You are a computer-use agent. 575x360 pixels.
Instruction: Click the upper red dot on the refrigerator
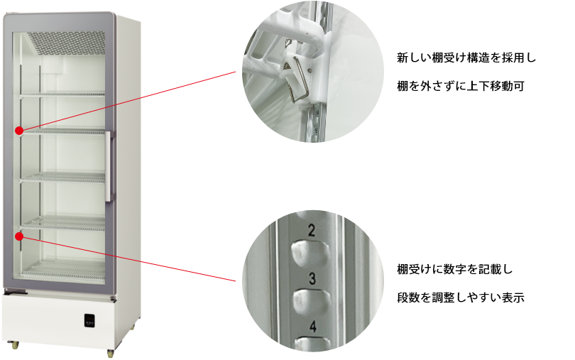tap(19, 131)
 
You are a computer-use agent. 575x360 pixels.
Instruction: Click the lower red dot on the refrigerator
tap(19, 236)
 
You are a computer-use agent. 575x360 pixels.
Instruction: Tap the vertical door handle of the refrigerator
tap(109, 166)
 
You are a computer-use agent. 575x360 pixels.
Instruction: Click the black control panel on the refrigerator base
tap(89, 320)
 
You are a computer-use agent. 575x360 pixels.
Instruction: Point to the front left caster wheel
tap(15, 345)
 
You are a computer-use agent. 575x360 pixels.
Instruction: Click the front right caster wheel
tap(110, 354)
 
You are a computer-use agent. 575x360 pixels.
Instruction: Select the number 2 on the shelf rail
tap(312, 231)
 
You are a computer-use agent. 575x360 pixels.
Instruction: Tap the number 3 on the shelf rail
tap(312, 278)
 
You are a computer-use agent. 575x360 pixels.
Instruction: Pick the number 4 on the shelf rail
tap(313, 326)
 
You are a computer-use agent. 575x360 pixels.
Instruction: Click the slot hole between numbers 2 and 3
tap(310, 253)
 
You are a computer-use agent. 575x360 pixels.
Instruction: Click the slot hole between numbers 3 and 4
tap(312, 301)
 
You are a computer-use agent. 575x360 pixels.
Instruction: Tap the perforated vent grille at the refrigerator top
tap(66, 43)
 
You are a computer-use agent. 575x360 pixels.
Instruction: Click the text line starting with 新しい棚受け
tap(466, 58)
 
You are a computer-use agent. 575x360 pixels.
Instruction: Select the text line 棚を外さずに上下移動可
tap(461, 86)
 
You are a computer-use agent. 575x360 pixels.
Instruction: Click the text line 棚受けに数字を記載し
tap(455, 269)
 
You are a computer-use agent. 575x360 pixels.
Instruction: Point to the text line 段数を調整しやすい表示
tap(461, 298)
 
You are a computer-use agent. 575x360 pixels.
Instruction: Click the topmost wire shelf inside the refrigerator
tap(62, 94)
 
